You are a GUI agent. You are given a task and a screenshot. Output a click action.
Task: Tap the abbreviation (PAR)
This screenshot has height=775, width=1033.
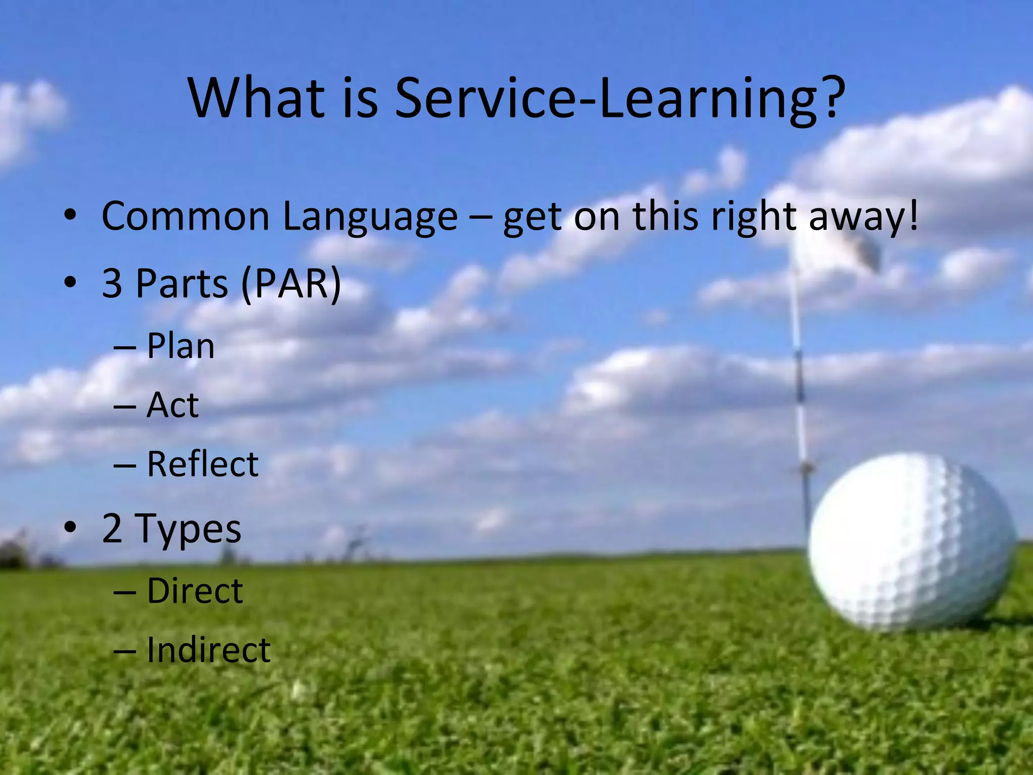291,284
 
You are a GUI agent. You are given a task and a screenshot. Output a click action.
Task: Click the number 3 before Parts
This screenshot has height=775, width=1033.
112,284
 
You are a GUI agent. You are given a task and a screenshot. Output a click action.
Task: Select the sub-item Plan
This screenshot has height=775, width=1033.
181,347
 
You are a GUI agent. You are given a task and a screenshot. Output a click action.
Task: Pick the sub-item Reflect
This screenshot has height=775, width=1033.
202,464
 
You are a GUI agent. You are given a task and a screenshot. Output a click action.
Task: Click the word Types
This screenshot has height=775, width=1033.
188,530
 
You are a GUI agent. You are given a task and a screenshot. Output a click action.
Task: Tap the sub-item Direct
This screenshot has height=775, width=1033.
195,591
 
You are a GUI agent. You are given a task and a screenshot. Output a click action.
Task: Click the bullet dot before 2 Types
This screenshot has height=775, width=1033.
70,527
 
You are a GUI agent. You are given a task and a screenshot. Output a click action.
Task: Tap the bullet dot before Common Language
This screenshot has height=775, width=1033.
70,215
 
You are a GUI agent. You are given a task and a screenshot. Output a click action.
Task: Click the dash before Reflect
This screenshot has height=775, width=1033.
125,465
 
